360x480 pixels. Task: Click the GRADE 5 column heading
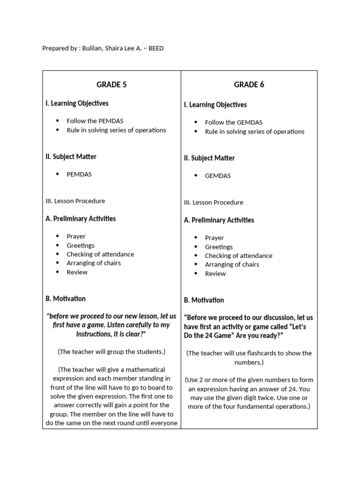click(x=112, y=85)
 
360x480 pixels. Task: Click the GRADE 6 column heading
click(x=249, y=85)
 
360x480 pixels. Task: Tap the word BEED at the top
click(x=156, y=48)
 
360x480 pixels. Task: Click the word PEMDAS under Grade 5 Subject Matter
click(x=79, y=174)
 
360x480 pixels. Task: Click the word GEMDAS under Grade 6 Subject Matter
click(x=218, y=176)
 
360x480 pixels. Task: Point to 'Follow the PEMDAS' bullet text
click(x=95, y=121)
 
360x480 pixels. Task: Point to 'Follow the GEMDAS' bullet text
click(x=233, y=122)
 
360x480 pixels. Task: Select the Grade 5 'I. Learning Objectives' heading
click(x=77, y=103)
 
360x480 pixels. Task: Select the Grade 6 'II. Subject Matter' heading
click(x=209, y=158)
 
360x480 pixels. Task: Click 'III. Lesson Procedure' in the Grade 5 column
click(x=75, y=201)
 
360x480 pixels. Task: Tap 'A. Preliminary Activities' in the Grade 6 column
click(x=219, y=220)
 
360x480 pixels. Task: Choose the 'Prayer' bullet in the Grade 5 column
click(x=76, y=237)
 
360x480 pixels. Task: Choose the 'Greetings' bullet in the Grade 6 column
click(x=219, y=247)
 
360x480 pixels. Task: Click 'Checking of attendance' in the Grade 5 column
click(x=100, y=255)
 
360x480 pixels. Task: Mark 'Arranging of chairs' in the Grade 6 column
click(x=232, y=265)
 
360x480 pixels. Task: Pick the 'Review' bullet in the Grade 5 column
click(x=77, y=272)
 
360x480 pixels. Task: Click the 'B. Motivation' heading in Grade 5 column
click(x=66, y=299)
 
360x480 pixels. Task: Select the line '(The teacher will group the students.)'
click(x=112, y=352)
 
